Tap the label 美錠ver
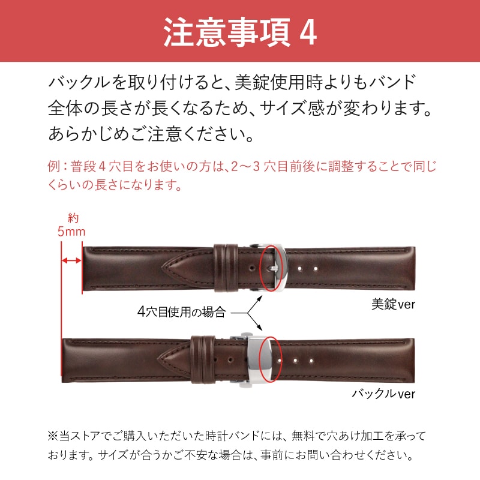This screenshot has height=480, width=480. (393, 304)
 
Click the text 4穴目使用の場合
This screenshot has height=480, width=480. (181, 312)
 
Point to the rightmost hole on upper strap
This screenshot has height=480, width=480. (314, 268)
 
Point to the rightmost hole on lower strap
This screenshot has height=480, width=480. (311, 361)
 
